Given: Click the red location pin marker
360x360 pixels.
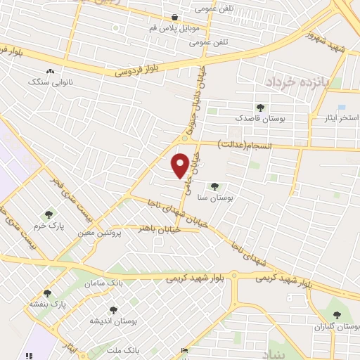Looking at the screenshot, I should [180, 165].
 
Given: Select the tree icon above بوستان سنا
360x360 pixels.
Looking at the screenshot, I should [214, 186].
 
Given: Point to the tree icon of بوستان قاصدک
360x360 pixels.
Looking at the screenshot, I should [260, 108].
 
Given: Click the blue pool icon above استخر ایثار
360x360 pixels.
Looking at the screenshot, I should [342, 107].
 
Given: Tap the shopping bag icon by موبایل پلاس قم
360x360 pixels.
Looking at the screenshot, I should [174, 18].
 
